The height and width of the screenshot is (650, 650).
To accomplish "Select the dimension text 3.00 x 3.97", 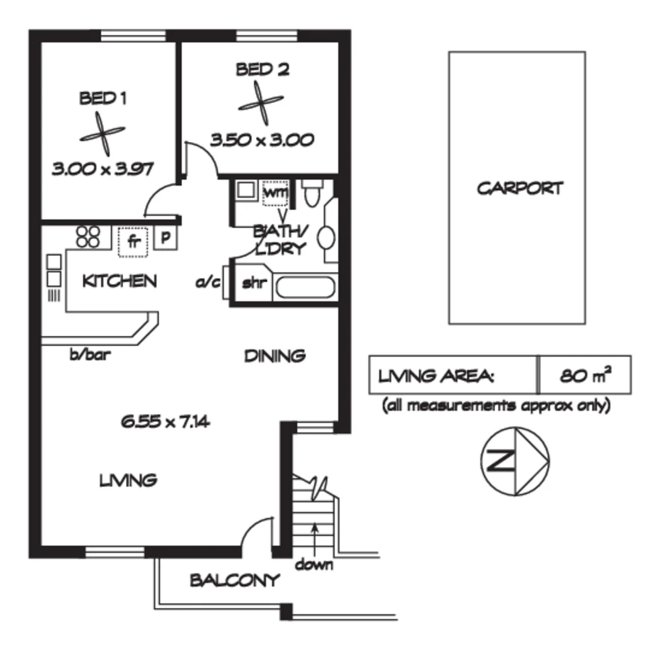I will coord(101,170).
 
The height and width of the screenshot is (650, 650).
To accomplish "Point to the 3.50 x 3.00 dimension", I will coord(262,140).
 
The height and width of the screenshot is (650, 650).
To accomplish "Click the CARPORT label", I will coord(520,188).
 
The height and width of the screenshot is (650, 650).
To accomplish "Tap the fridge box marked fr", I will coord(134,242).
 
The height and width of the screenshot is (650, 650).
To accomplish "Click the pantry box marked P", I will coord(166,238).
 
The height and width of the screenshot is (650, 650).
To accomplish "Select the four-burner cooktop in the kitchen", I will coord(88,236).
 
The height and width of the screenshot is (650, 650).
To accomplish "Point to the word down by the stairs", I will coord(314,565).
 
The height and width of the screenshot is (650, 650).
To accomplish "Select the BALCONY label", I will coord(235,581).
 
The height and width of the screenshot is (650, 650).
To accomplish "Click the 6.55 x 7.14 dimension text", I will coord(165,422).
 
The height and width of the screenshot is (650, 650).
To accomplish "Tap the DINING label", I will coord(274,356).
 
